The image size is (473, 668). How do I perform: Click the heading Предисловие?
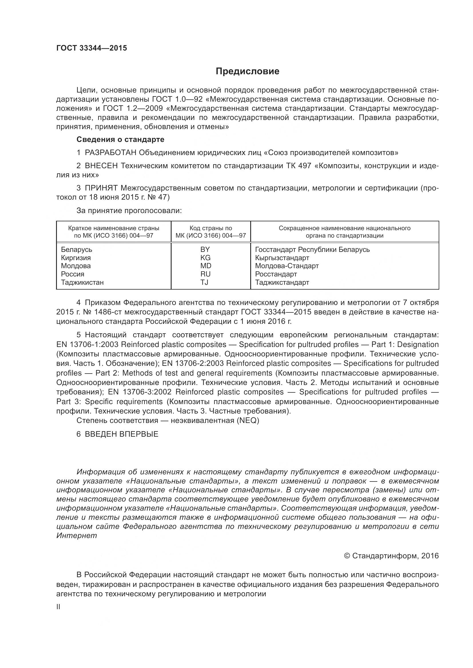[247, 71]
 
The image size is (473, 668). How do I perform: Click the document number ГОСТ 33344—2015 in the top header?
[92, 48]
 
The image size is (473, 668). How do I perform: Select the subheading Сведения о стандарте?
[120, 139]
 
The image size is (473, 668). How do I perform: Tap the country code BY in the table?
[205, 249]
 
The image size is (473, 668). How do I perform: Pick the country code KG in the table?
[205, 258]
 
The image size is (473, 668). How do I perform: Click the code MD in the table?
[206, 266]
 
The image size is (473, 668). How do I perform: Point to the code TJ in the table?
[204, 282]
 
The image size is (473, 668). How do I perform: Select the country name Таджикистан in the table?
[82, 282]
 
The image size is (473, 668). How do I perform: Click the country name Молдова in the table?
[76, 266]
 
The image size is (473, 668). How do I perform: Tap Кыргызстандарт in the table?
[282, 258]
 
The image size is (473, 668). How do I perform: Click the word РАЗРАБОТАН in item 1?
[110, 153]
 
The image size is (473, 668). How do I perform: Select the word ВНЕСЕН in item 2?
[101, 166]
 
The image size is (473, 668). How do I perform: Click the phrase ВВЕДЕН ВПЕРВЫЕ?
[122, 434]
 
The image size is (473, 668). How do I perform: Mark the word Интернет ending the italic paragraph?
[76, 535]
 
